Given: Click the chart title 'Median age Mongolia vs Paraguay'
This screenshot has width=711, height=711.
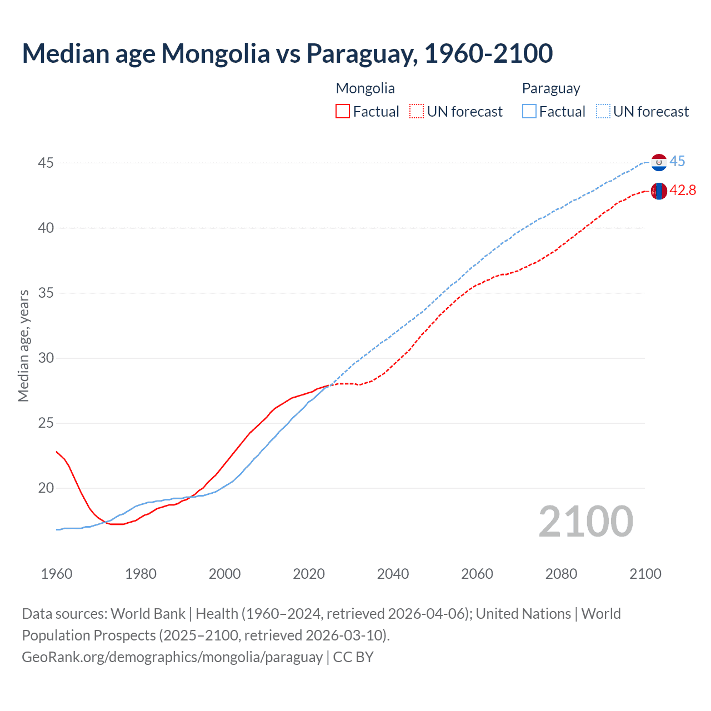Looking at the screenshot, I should click(287, 53).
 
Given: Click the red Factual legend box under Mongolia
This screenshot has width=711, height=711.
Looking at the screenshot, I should click(343, 111).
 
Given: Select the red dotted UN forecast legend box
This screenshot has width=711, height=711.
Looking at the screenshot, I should click(417, 111).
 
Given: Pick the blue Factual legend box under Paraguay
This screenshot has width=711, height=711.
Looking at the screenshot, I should click(529, 111).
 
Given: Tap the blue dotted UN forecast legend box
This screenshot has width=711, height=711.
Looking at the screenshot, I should click(603, 111).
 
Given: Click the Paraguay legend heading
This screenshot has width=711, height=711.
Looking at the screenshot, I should click(550, 88).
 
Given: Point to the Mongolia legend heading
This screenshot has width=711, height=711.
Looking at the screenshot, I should click(365, 88).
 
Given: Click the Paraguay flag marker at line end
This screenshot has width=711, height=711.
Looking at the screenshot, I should click(659, 162).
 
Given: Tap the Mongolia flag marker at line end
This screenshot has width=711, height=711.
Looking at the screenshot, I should click(659, 191).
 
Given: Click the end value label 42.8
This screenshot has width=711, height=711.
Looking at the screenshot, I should click(683, 191).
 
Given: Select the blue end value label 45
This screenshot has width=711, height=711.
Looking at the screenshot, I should click(677, 162).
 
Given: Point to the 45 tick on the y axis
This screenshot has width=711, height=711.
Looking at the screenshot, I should click(46, 163).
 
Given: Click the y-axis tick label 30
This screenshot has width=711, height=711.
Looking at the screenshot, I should click(46, 358).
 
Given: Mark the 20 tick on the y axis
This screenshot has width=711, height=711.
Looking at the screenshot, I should click(46, 488).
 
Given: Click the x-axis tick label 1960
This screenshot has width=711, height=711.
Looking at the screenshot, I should click(57, 574).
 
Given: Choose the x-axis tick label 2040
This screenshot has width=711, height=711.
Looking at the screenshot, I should click(393, 574).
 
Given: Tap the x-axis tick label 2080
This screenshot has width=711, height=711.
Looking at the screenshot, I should click(561, 574).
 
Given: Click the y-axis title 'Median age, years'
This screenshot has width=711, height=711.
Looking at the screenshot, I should click(23, 346).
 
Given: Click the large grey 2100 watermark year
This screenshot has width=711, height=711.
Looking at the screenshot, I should click(585, 521).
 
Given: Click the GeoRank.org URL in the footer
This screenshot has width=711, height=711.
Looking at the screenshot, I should click(172, 657).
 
